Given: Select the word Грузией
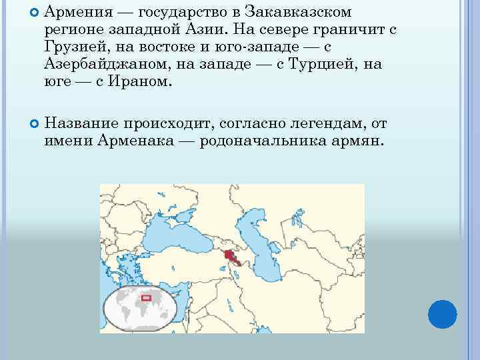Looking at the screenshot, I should click(74, 47).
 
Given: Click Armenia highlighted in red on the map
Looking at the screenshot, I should click(231, 256).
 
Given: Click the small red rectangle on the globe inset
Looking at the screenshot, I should click(146, 297).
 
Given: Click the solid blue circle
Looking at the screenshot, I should click(442, 313).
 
